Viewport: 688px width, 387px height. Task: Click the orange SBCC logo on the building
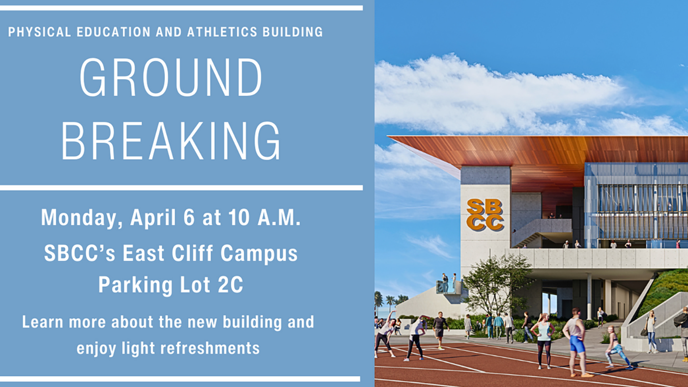pyautogui.click(x=485, y=215)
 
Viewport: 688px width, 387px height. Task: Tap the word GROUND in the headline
pyautogui.click(x=171, y=78)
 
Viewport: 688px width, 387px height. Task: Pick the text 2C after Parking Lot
pyautogui.click(x=230, y=285)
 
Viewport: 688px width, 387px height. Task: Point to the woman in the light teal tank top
pyautogui.click(x=544, y=339)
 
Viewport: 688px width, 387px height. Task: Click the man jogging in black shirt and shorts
pyautogui.click(x=440, y=330)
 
